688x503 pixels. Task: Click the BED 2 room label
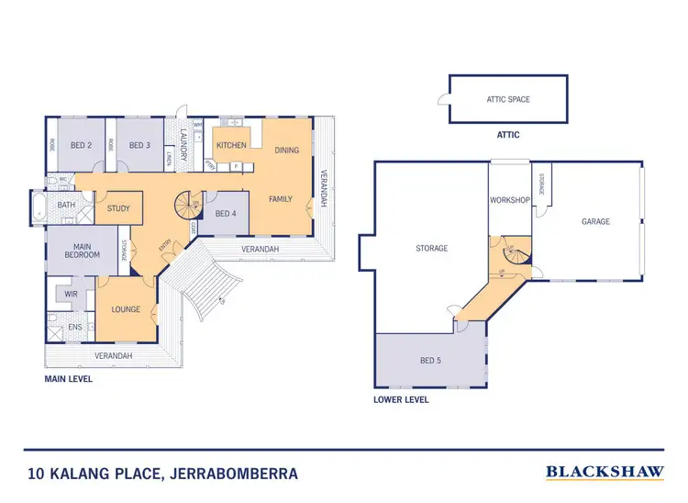[81, 146]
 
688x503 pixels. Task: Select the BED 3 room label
[139, 146]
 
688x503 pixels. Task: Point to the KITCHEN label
[230, 146]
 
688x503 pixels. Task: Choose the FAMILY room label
[280, 198]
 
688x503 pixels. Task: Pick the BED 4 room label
[225, 214]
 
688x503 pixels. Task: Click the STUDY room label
[118, 208]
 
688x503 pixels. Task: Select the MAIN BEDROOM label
[82, 251]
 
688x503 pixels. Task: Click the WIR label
[71, 295]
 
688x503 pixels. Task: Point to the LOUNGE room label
[127, 309]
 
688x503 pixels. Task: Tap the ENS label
[75, 326]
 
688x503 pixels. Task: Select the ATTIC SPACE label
[507, 99]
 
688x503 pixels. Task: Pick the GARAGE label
[594, 221]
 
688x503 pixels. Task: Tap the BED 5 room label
[429, 361]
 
